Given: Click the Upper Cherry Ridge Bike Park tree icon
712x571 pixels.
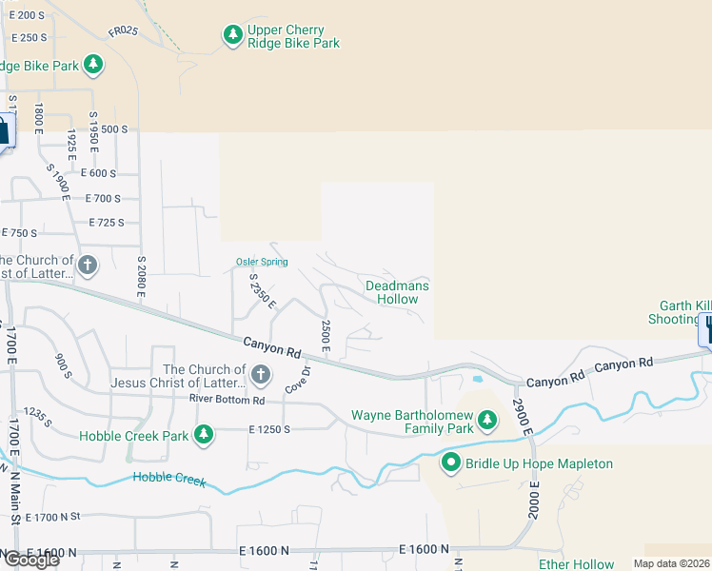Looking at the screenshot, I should [232, 36].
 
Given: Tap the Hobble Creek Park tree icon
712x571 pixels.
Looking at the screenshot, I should [203, 435].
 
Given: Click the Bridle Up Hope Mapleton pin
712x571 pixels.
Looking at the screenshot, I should [452, 463].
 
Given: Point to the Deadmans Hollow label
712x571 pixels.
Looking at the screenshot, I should [397, 292].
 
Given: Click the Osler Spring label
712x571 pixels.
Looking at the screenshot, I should [262, 263].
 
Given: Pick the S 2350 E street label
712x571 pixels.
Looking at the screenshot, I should [262, 292].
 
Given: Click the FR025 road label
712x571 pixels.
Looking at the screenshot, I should [123, 31].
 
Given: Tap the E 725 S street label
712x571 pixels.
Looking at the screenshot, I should [106, 223].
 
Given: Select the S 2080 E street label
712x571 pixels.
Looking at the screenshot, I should [141, 276].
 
